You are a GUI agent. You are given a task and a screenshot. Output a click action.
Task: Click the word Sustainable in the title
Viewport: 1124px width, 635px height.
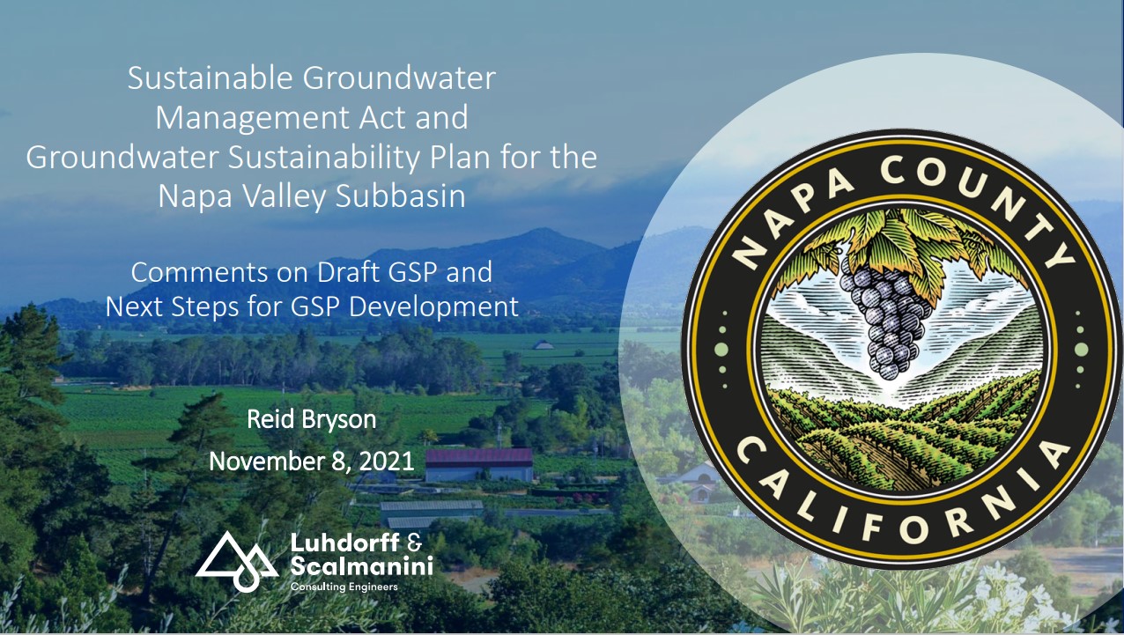click(x=210, y=78)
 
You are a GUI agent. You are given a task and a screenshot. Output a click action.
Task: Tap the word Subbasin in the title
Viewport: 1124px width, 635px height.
click(x=401, y=196)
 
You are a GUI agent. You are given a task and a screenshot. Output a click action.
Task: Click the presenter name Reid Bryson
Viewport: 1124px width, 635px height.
click(x=312, y=419)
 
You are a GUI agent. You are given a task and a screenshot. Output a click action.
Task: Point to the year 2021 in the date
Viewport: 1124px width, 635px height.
click(x=387, y=461)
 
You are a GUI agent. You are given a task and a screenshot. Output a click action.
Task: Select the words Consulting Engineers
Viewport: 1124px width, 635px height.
click(x=344, y=587)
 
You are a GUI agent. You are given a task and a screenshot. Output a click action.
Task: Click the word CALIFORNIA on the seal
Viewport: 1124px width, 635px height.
click(x=902, y=502)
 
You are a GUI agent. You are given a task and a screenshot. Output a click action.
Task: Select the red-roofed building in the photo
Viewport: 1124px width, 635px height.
click(x=479, y=465)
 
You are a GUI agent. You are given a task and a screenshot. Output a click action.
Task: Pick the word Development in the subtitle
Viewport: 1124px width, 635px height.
click(x=433, y=307)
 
